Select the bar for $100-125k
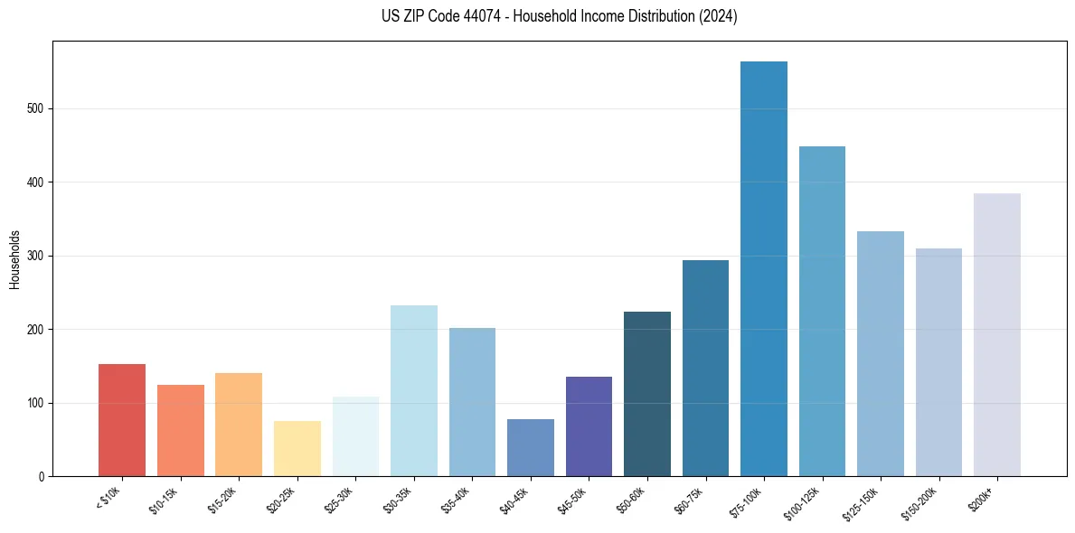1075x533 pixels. coord(822,312)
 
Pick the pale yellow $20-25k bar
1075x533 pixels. coord(297,449)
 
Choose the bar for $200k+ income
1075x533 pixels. coord(997,335)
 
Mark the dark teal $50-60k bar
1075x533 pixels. coord(647,394)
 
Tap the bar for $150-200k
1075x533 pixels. coord(938,362)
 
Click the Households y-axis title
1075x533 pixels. coord(14,259)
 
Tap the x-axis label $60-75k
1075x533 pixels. coord(689,500)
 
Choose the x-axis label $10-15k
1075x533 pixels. coord(164,500)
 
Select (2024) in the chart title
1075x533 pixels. coord(716,17)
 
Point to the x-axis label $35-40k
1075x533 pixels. coord(456,500)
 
